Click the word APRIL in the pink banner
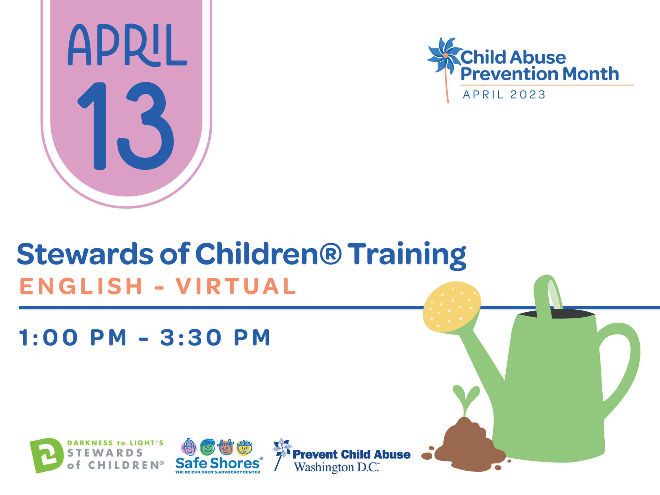127,45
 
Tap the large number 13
126,126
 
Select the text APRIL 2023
504,95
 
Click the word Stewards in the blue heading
85,254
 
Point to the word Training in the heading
406,256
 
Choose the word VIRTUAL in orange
236,286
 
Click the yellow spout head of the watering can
452,307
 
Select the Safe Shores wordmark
218,463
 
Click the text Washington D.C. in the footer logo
336,468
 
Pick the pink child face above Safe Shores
189,447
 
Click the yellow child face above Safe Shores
244,447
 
